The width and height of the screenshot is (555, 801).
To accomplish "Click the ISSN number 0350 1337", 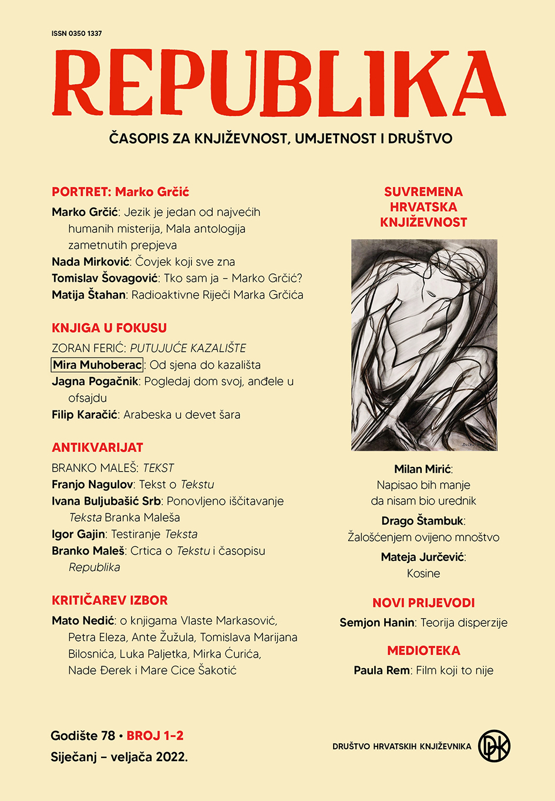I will pos(76,34).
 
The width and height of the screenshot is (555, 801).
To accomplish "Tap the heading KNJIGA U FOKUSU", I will pos(109,328).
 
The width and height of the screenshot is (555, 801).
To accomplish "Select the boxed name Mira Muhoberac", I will pos(97,365).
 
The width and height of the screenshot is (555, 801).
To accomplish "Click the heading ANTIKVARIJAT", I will pos(97,448).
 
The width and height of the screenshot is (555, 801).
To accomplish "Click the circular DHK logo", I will pos(494,746).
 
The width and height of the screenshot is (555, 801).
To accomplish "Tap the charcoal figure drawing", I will pos(424,345).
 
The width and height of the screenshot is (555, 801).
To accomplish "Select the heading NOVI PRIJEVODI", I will pos(423,603).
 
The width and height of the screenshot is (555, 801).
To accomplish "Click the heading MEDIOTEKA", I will pos(423,651).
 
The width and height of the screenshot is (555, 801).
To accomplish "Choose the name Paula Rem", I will pos(382,670).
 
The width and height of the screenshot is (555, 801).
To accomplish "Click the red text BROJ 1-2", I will pos(155,736).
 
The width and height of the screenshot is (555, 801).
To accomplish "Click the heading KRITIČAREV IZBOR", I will pos(110,600).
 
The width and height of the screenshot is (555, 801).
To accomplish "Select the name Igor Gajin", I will pos(79,535).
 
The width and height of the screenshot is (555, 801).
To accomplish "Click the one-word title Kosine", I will pos(423,573).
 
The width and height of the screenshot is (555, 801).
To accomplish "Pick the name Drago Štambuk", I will pos(422,521).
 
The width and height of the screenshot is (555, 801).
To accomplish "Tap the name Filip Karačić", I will pos(85,415).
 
